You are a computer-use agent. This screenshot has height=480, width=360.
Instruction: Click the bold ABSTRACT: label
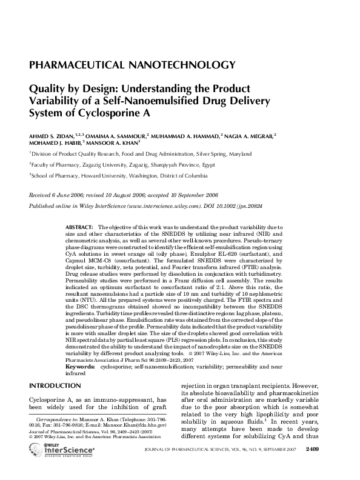click(80, 226)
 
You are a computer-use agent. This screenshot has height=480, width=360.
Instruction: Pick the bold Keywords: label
click(79, 367)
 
